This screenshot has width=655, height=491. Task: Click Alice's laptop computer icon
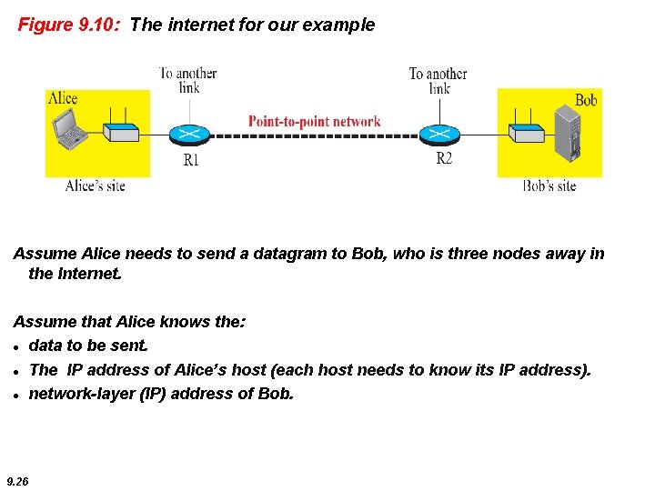coord(71,134)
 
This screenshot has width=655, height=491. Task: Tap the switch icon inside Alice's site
coord(121,133)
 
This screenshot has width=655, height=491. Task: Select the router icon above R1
coord(190,134)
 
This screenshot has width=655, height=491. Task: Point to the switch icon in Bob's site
coord(525,133)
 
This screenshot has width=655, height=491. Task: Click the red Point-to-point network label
coord(315,121)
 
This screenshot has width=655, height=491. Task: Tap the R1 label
coord(190,160)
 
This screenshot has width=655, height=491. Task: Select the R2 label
coord(444,159)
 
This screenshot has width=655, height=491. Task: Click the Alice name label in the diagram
coord(63,98)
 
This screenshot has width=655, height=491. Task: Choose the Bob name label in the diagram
coord(586,100)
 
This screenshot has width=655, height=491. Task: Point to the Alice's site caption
coord(96,185)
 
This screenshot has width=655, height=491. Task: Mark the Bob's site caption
coord(549,185)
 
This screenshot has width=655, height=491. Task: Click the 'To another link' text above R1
coord(189,80)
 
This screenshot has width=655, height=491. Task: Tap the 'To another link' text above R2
coord(438,80)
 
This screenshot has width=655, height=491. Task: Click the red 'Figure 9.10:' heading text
coord(70,25)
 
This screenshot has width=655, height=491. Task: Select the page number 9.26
coord(16,481)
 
